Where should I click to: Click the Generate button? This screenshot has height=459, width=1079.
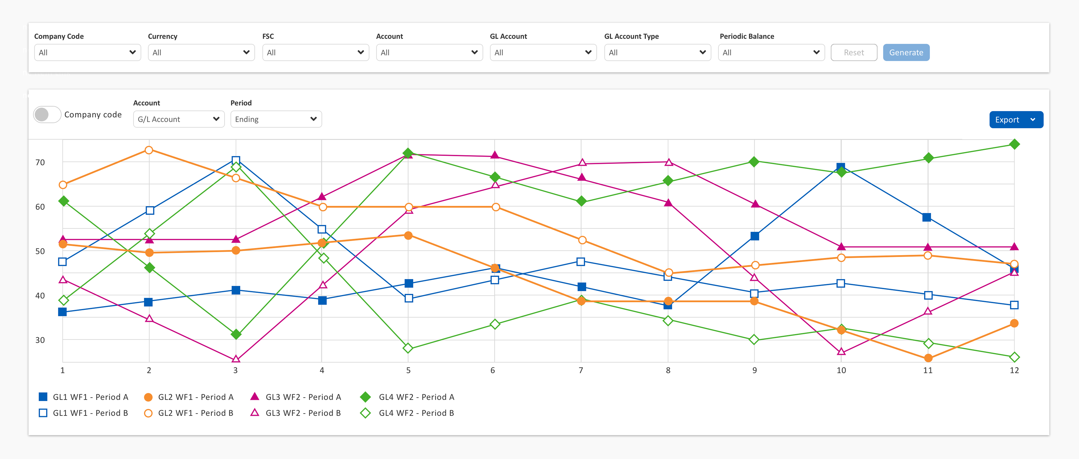906,52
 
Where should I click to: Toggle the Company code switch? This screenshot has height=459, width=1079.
47,114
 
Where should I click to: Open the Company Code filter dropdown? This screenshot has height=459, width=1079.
87,52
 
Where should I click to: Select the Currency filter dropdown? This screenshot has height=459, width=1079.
201,52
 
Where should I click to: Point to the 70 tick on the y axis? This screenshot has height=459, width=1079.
40,162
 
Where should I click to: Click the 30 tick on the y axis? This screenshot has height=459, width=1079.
40,340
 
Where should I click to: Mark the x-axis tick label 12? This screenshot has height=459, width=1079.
1014,370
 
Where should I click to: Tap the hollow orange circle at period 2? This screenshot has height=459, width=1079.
149,150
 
